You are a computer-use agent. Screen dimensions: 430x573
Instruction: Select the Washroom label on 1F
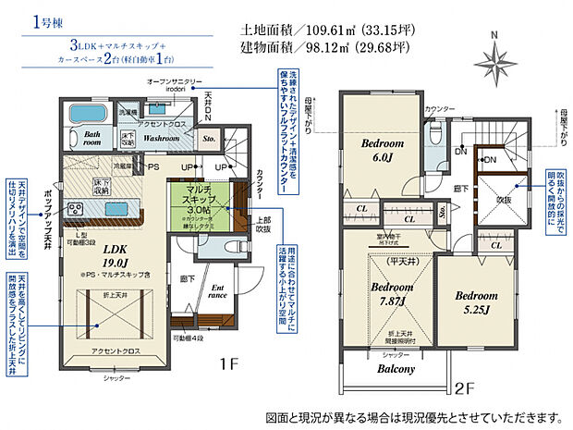point(161,139)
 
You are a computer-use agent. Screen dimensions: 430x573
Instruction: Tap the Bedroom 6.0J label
point(381,151)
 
